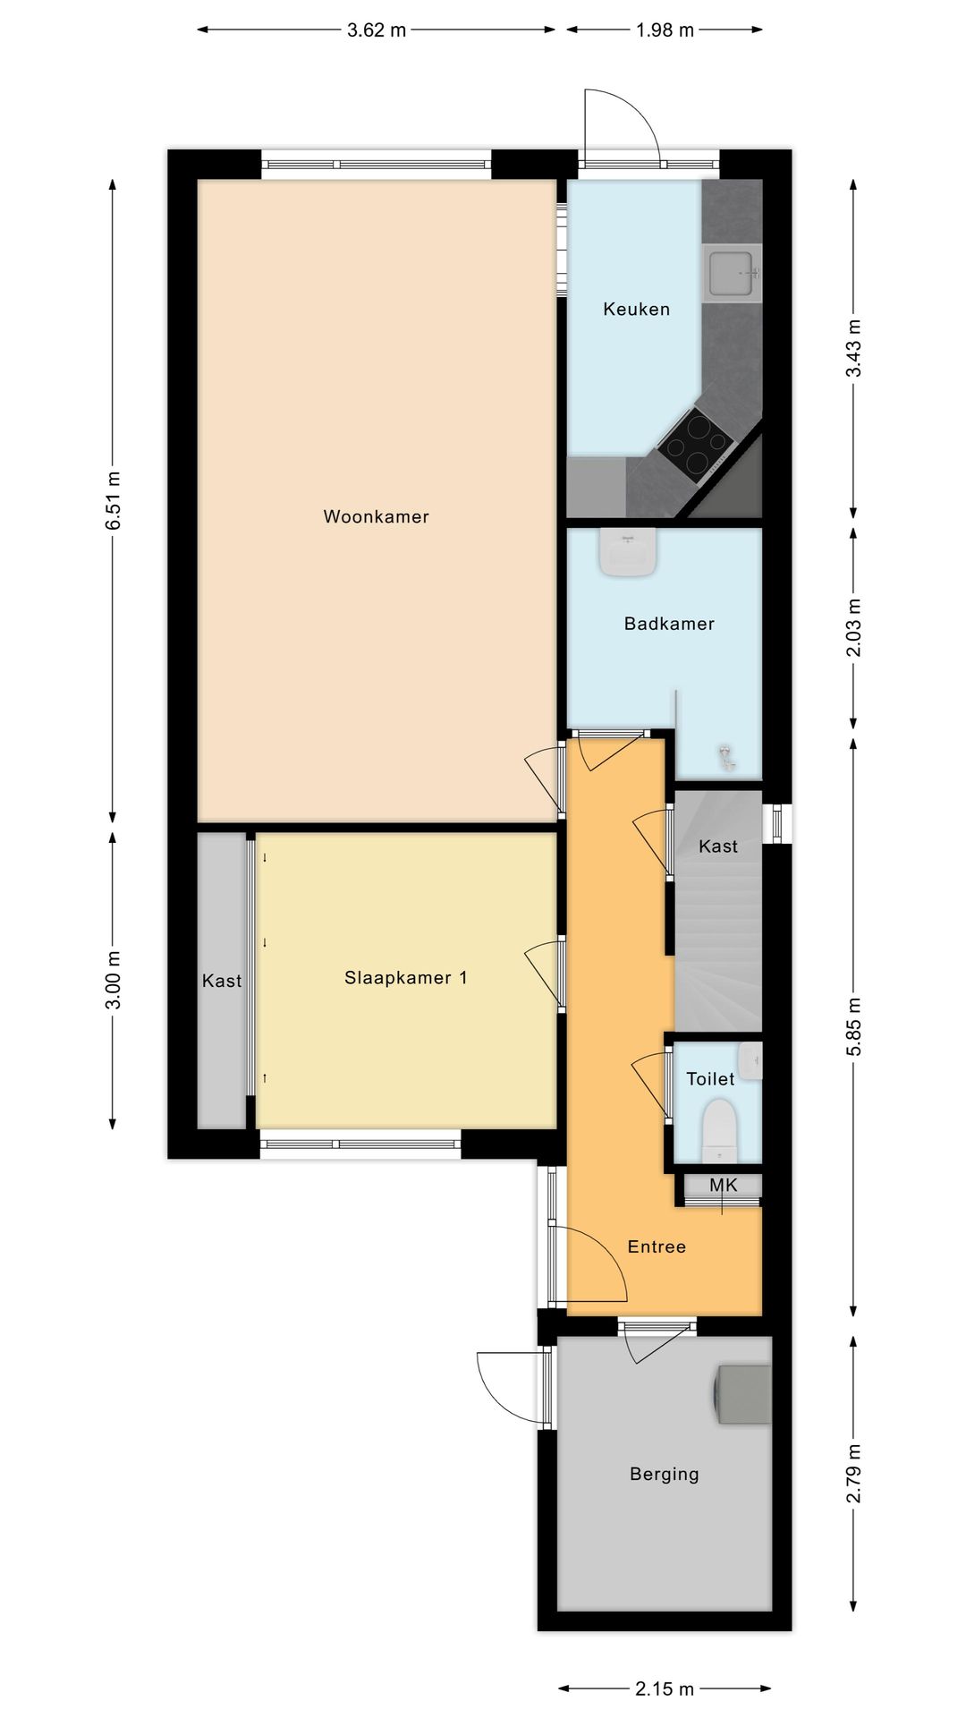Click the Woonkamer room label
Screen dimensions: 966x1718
pos(376,516)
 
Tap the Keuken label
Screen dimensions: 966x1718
pos(636,309)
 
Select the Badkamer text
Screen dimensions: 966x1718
pos(669,624)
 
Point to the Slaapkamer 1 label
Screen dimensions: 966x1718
pos(405,977)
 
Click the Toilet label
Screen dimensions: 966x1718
pos(710,1078)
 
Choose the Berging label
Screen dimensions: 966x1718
pos(664,1474)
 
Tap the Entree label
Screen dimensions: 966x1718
pos(657,1246)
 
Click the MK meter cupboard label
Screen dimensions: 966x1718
pos(724,1185)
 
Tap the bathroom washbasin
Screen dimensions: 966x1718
pos(628,552)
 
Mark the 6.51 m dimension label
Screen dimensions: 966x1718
pos(113,500)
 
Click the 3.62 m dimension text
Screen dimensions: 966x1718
pos(377,30)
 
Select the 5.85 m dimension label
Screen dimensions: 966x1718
pos(853,1026)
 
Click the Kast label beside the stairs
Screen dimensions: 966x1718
pos(718,846)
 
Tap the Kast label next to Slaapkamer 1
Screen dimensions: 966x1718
pos(222,981)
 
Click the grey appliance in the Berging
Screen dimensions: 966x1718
pos(742,1394)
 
